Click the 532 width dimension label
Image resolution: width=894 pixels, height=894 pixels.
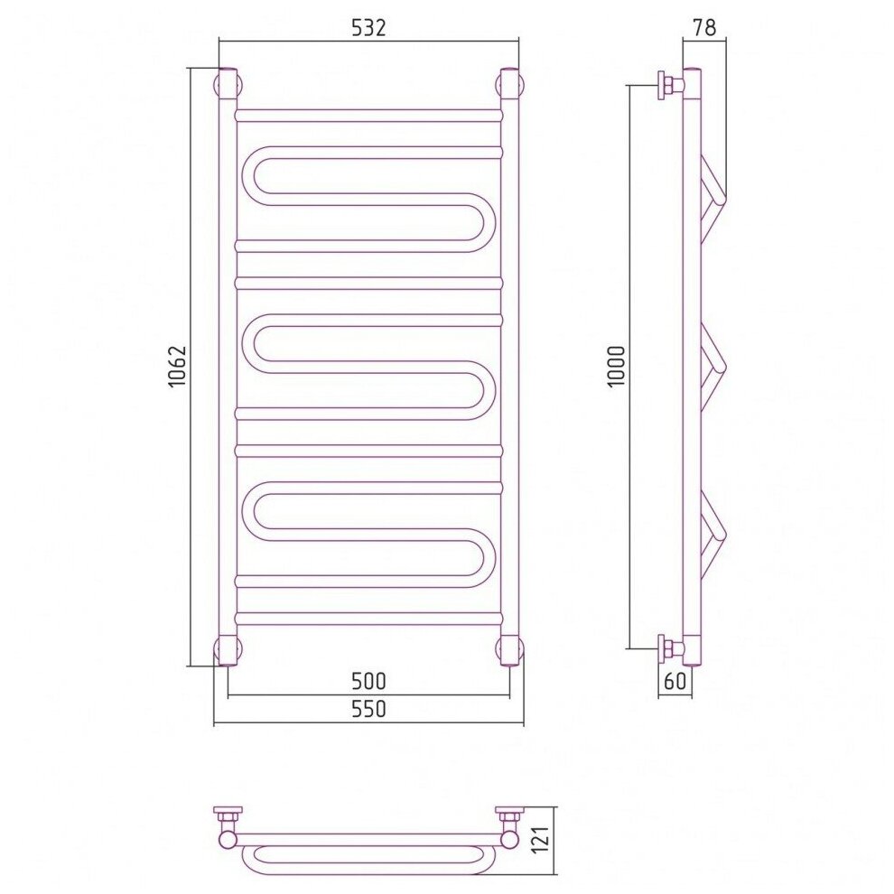coord(369,27)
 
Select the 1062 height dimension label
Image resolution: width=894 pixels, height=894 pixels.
coord(178,367)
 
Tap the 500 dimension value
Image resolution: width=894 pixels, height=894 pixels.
coord(369,681)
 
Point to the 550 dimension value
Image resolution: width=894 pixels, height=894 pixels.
coord(369,709)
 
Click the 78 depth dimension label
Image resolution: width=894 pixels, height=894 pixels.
coord(704,27)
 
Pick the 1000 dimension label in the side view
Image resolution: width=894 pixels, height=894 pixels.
coord(617,367)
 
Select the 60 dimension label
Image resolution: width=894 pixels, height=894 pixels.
coord(675,681)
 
